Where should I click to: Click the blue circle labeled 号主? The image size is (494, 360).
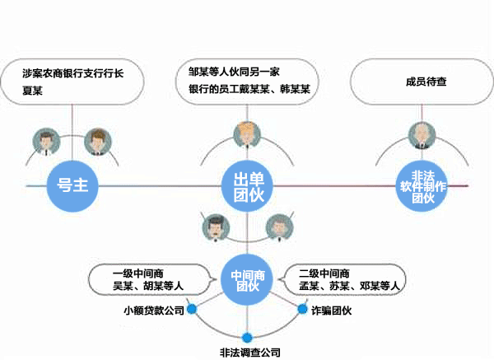pyautogui.click(x=72, y=185)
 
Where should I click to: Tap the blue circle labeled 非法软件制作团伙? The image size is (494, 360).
pyautogui.click(x=422, y=185)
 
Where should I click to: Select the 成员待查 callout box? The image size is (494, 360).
pyautogui.click(x=421, y=82)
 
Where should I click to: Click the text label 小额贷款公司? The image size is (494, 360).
pyautogui.click(x=153, y=311)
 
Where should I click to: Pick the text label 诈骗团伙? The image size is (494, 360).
pyautogui.click(x=331, y=311)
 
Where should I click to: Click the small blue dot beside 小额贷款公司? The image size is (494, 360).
pyautogui.click(x=192, y=310)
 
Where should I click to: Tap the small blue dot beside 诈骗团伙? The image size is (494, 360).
pyautogui.click(x=302, y=310)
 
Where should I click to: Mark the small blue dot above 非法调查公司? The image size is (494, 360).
pyautogui.click(x=247, y=336)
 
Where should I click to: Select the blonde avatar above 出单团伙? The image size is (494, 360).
pyautogui.click(x=245, y=133)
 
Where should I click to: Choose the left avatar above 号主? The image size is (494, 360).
pyautogui.click(x=45, y=141)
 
